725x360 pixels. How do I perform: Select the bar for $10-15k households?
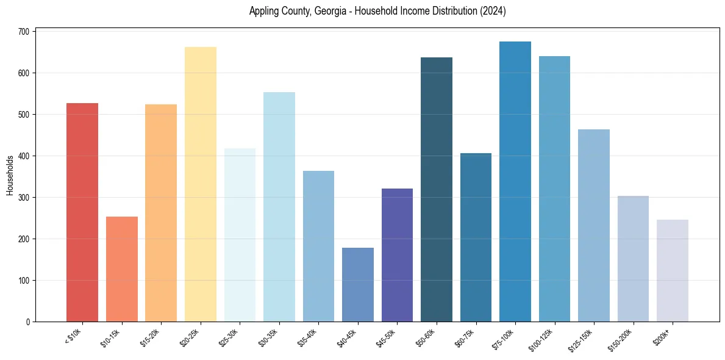pos(121,269)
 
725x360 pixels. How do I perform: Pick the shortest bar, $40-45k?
pos(358,284)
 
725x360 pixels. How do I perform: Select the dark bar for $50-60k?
pos(437,189)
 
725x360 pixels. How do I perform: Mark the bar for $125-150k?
pos(594,225)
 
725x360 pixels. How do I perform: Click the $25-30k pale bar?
pos(240,235)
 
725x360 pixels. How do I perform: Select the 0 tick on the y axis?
pos(28,322)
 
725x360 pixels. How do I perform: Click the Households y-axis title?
pos(10,175)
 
